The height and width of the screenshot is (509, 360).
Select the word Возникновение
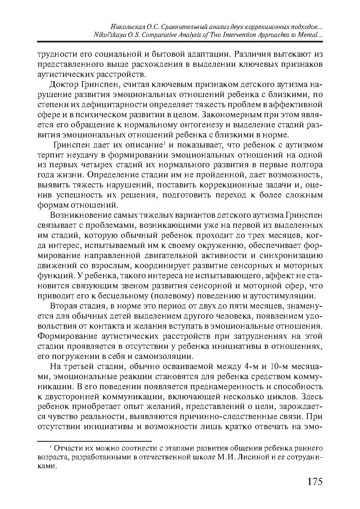point(79,216)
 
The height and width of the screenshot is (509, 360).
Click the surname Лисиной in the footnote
point(237,458)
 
